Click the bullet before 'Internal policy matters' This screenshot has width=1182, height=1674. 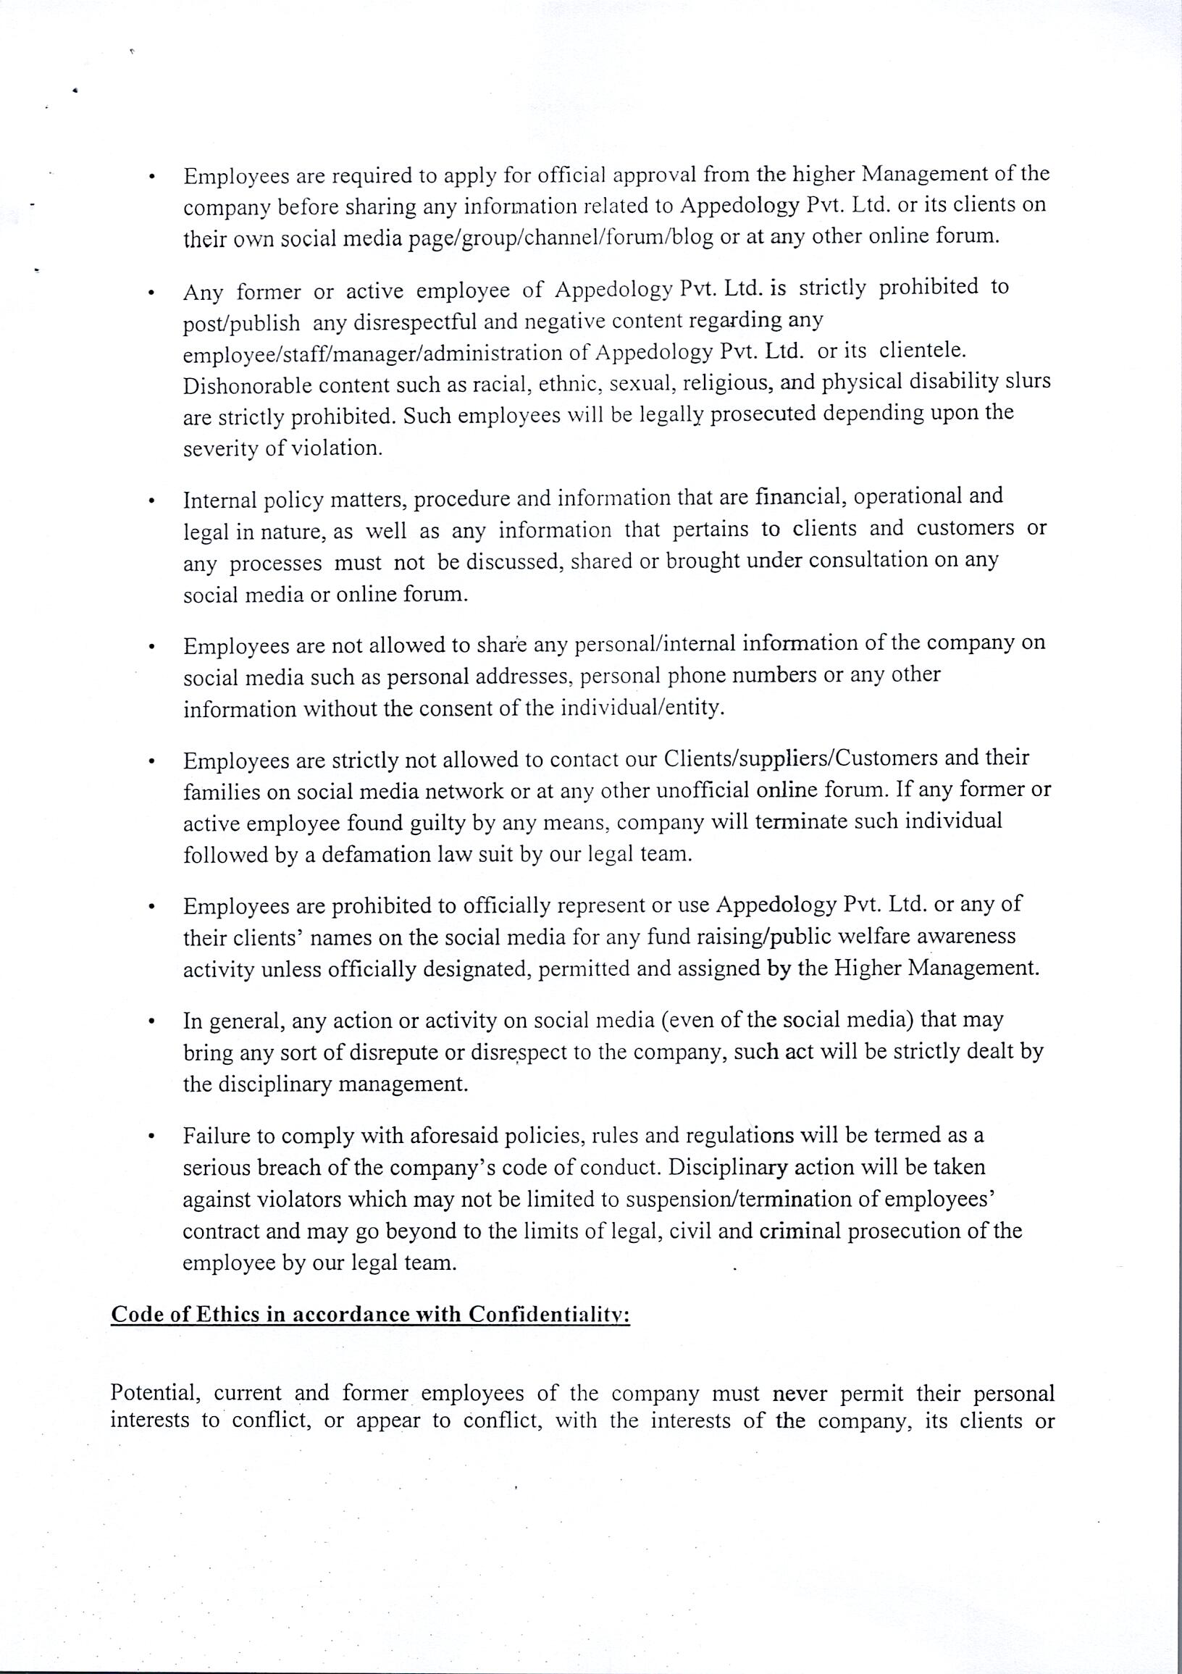pyautogui.click(x=151, y=501)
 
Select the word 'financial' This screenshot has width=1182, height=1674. pyautogui.click(x=800, y=496)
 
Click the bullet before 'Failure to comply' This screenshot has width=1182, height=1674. pyautogui.click(x=151, y=1137)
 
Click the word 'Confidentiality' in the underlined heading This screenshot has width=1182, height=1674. pyautogui.click(x=549, y=1314)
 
